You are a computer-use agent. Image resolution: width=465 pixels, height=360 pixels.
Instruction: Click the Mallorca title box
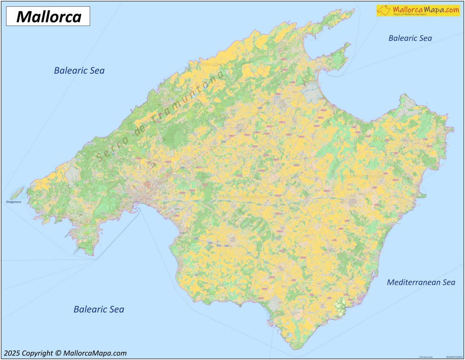[x=48, y=17]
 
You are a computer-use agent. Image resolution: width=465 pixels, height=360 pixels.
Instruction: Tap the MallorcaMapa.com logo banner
[x=418, y=10]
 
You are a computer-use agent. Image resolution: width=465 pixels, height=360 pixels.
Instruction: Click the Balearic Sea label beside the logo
[x=410, y=38]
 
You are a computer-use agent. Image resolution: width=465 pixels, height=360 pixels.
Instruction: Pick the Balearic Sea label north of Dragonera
[x=79, y=71]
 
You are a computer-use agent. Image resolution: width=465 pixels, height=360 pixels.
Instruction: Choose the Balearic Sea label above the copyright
[x=99, y=309]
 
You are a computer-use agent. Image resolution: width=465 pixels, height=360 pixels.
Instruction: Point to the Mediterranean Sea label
[x=421, y=282]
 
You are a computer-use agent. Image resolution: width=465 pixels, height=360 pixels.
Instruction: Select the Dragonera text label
[x=14, y=202]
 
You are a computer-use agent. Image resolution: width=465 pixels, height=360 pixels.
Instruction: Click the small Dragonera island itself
[x=18, y=192]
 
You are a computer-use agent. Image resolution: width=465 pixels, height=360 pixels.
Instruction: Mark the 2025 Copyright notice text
[x=65, y=353]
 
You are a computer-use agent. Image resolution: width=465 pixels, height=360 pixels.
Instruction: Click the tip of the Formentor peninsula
[x=352, y=10]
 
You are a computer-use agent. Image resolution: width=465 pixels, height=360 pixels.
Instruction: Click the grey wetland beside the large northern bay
[x=310, y=93]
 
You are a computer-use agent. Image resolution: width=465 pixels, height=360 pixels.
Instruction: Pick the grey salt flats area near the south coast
[x=274, y=304]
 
